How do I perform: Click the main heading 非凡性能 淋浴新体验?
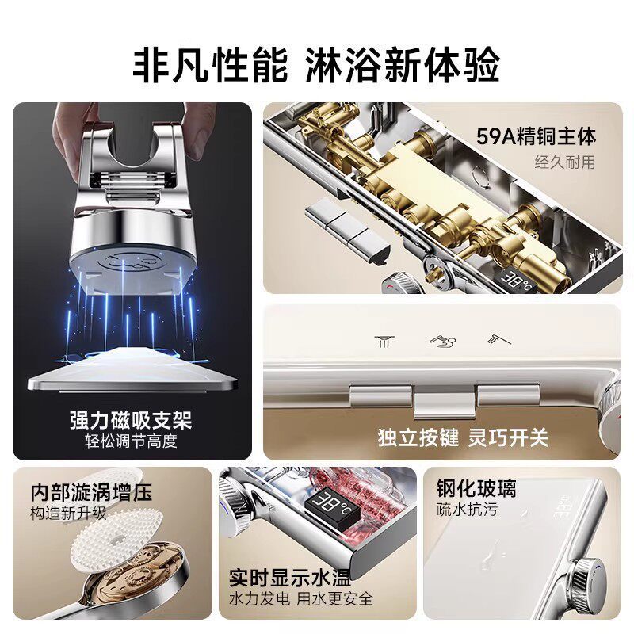(x=316, y=65)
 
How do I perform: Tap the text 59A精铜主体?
(x=536, y=136)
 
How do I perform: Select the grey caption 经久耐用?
(x=565, y=162)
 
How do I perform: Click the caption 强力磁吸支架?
(x=131, y=420)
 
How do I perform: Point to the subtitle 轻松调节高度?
(x=131, y=441)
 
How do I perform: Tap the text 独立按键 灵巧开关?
(x=464, y=437)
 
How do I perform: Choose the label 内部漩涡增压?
(x=91, y=492)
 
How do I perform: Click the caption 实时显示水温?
(x=290, y=578)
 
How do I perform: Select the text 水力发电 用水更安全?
(x=301, y=598)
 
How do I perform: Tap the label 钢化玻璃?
(x=476, y=488)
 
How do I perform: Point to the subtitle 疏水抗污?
(x=467, y=510)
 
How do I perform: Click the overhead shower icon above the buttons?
(x=384, y=342)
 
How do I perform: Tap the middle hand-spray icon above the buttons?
(x=443, y=342)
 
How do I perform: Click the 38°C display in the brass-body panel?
(x=517, y=281)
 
